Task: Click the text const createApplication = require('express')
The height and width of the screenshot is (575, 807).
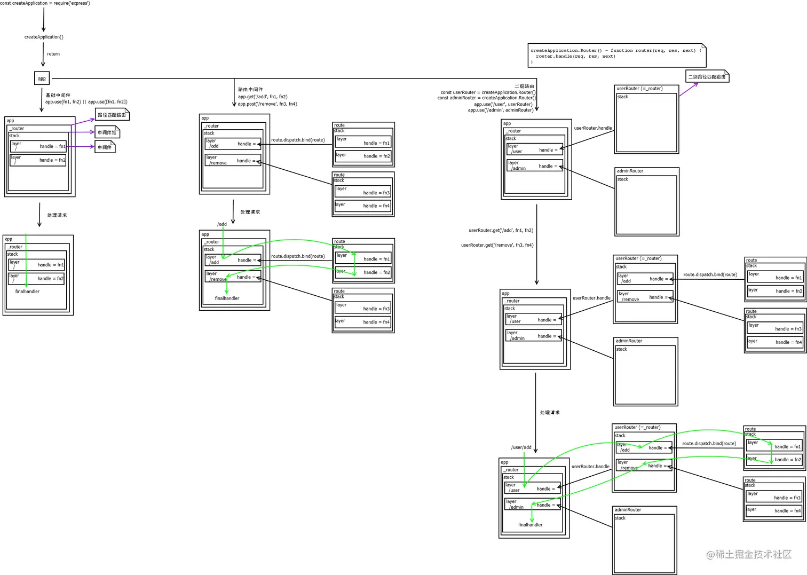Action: click(x=45, y=3)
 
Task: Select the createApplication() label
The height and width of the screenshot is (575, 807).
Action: click(x=44, y=37)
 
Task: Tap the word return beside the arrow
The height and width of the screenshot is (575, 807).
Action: click(x=53, y=54)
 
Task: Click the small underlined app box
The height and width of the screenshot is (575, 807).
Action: click(x=42, y=78)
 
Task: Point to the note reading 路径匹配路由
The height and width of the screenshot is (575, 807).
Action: click(x=112, y=115)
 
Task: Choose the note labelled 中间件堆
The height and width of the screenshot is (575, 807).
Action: click(x=107, y=132)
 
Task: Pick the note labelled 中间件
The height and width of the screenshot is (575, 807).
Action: click(x=105, y=147)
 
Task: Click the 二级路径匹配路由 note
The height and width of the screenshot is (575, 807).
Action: click(x=707, y=77)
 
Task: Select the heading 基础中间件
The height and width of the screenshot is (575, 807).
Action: click(x=58, y=95)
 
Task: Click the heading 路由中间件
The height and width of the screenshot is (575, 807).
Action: click(x=250, y=89)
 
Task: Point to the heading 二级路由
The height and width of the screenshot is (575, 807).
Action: click(x=524, y=86)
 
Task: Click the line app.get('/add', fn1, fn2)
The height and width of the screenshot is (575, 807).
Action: click(x=263, y=97)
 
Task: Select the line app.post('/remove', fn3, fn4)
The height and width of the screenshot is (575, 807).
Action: click(x=267, y=104)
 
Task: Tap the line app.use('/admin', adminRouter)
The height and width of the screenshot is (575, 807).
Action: click(x=501, y=110)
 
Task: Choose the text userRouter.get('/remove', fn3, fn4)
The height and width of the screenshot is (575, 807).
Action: click(x=497, y=245)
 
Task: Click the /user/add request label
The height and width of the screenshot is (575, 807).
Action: click(x=521, y=447)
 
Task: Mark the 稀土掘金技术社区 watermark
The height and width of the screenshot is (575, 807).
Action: click(x=749, y=555)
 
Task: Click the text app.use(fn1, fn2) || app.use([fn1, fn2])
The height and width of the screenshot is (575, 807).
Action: click(x=86, y=101)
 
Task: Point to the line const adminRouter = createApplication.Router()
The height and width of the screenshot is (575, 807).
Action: click(x=487, y=98)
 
